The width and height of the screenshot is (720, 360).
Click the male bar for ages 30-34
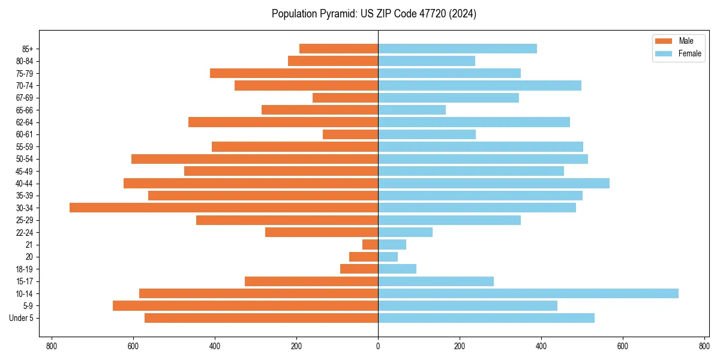[x=224, y=208]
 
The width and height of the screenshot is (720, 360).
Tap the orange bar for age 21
[x=370, y=244]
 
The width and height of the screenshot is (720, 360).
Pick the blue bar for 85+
[x=457, y=49]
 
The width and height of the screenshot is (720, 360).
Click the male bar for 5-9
[x=245, y=305]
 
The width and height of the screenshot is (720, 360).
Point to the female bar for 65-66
[x=412, y=110]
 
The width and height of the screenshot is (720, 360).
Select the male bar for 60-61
[x=350, y=134]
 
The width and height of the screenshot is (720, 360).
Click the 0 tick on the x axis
[x=378, y=346]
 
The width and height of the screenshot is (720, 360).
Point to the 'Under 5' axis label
[x=21, y=318]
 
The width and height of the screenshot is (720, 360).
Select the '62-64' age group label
[x=25, y=122]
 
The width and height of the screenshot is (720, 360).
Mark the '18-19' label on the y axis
[x=25, y=269]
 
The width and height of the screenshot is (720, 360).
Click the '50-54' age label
[x=25, y=159]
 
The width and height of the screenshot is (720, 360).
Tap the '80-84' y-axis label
[x=25, y=61]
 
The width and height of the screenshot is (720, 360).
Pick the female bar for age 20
[x=388, y=257]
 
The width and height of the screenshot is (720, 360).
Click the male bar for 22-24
[x=322, y=232]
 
